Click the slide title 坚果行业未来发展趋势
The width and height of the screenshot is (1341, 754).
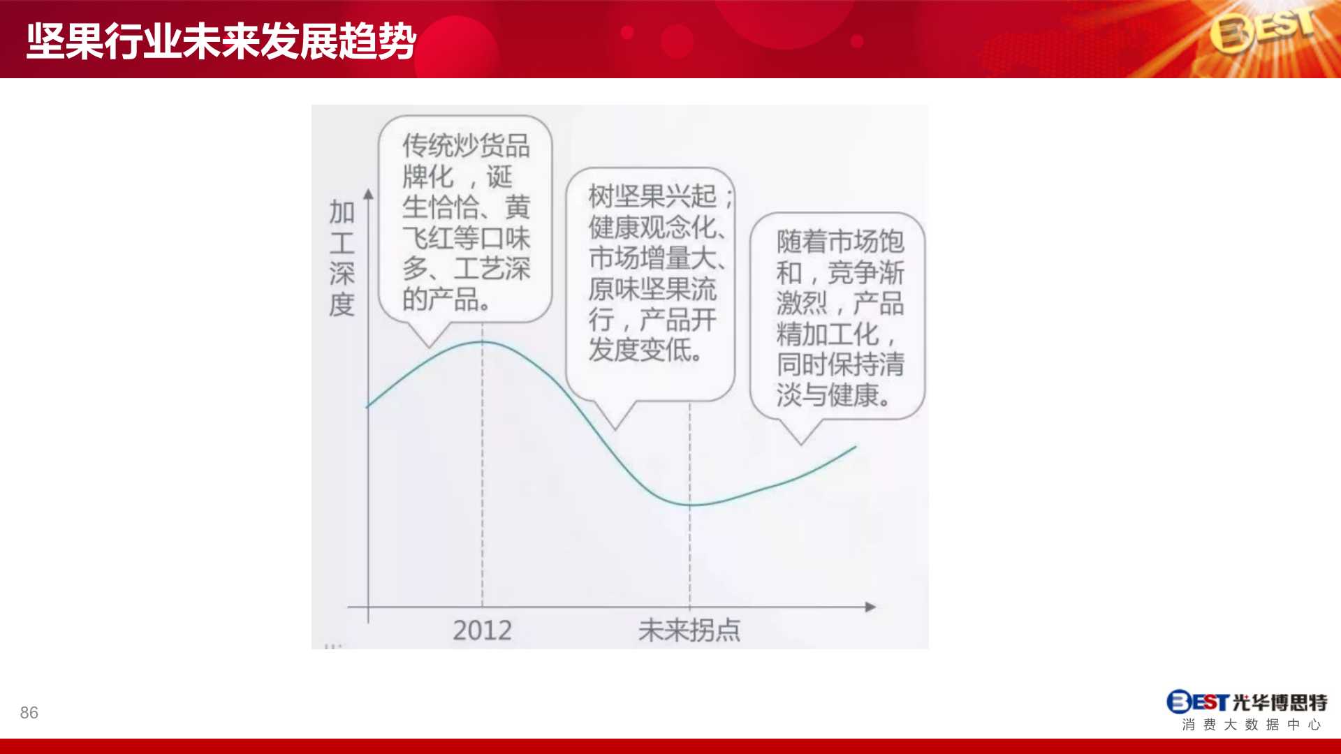(x=221, y=41)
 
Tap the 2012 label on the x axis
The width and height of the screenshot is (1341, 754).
(x=482, y=630)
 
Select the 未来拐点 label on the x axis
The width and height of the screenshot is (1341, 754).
(x=689, y=630)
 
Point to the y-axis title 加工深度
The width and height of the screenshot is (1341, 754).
(x=342, y=258)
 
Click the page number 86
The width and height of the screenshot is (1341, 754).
(x=29, y=713)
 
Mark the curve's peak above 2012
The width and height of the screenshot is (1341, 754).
(x=482, y=342)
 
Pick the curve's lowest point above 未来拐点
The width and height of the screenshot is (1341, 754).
(x=690, y=504)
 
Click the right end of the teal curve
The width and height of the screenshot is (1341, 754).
(x=856, y=447)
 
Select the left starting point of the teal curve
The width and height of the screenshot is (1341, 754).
(x=367, y=406)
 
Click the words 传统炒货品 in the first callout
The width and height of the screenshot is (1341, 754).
(x=466, y=146)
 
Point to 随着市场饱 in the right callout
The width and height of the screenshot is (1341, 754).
(x=840, y=242)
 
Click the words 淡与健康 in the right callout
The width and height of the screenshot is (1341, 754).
(x=827, y=395)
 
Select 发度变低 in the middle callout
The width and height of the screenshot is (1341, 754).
(x=639, y=350)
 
